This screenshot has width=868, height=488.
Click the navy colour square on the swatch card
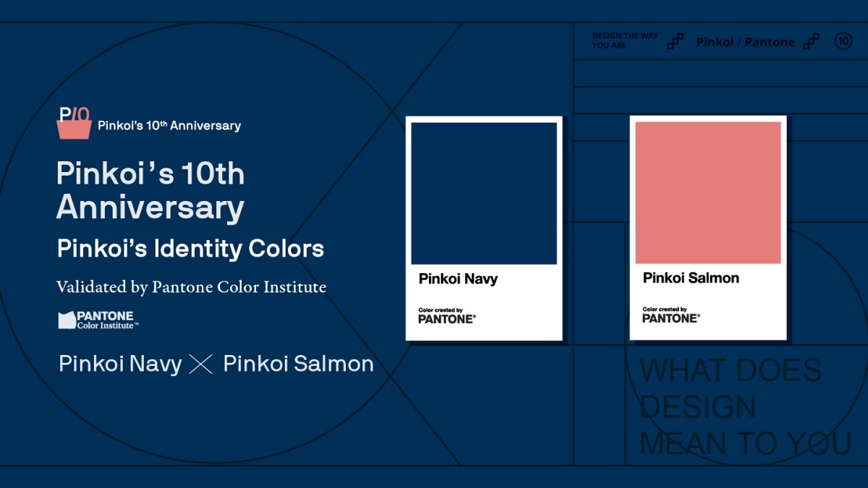coord(484,193)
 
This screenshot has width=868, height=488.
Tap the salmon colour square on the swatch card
coord(708,192)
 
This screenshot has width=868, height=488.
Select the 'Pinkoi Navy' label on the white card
coord(458,279)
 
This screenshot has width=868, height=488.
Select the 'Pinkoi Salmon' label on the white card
coord(691,278)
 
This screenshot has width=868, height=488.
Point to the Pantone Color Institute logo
coord(98,320)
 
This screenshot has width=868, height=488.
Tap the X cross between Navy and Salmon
coord(200,364)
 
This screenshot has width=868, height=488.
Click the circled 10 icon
coord(843,41)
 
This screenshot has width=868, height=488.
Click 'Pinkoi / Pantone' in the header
coord(745,42)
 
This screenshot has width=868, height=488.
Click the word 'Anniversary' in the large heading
coord(150,207)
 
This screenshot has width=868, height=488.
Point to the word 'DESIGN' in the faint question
coord(697,407)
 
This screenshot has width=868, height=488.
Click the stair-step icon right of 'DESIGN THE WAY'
coord(675,41)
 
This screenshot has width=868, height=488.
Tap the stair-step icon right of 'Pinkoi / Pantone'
coord(812,41)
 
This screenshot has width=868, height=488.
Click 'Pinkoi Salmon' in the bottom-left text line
coord(298,364)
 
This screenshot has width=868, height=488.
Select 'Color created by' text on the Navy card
coord(440,310)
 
